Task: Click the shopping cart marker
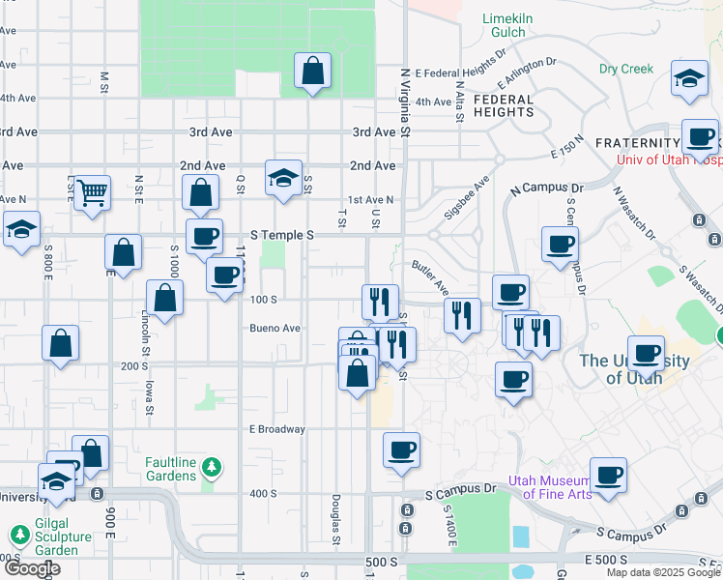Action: click(x=91, y=192)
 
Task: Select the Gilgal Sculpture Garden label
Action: click(x=50, y=543)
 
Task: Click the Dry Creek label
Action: click(x=626, y=70)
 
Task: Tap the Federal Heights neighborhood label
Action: click(x=504, y=105)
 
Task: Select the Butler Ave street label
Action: click(x=430, y=278)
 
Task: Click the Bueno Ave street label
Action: click(x=275, y=329)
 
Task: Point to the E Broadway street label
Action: click(x=277, y=429)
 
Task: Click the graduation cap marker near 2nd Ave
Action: click(x=283, y=179)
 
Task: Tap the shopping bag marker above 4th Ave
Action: click(x=312, y=72)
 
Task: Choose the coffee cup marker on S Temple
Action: click(x=204, y=237)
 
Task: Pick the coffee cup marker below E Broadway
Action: click(x=401, y=450)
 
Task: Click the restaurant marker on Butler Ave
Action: click(x=463, y=315)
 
